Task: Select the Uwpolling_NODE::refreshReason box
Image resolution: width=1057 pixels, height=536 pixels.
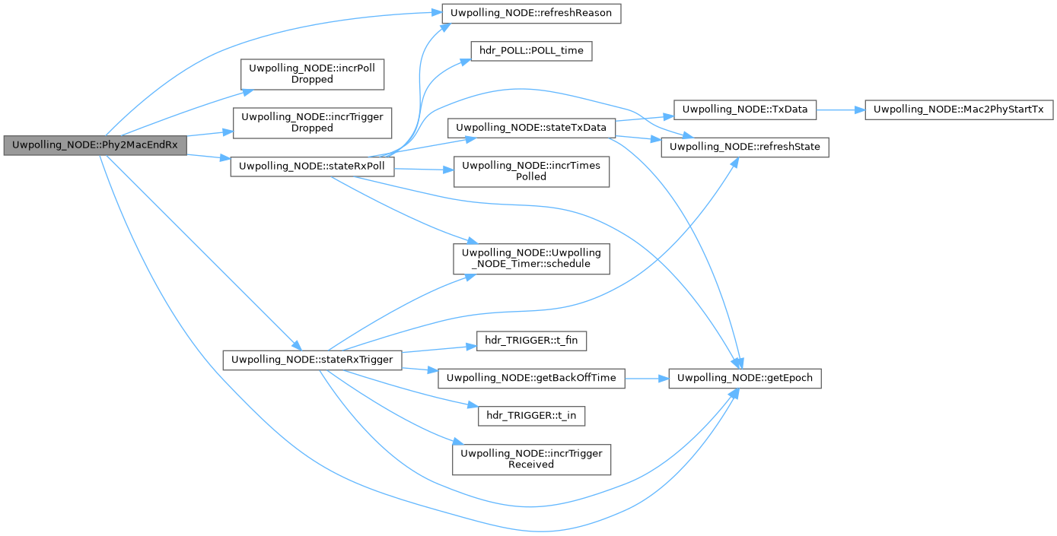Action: (532, 13)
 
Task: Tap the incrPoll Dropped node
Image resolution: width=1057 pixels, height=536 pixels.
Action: (313, 73)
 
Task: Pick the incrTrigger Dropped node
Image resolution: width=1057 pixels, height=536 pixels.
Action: (312, 122)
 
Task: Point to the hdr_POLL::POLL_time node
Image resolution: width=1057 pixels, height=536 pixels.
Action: (531, 52)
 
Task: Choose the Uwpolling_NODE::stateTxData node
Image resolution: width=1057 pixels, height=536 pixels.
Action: (531, 128)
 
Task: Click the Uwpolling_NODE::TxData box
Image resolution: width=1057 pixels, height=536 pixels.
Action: (745, 109)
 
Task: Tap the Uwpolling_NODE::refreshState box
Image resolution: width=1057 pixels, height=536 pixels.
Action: (744, 147)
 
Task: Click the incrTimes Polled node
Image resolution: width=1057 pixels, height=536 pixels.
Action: (531, 171)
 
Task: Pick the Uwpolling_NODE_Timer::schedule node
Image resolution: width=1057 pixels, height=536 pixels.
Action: (531, 258)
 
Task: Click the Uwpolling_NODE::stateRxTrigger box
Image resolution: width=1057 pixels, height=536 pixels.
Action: (312, 360)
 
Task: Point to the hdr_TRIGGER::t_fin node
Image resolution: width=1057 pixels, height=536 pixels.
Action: (531, 341)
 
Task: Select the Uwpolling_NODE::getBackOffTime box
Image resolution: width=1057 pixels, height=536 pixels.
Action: (531, 378)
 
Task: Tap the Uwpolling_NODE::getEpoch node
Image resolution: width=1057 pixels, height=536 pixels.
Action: (745, 378)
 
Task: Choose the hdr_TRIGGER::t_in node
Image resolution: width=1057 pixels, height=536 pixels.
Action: (531, 416)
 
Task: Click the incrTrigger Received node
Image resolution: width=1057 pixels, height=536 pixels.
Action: (531, 458)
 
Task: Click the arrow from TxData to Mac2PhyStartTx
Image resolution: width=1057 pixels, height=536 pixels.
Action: (840, 109)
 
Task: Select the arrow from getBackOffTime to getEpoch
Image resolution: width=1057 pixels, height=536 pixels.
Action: (646, 378)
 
